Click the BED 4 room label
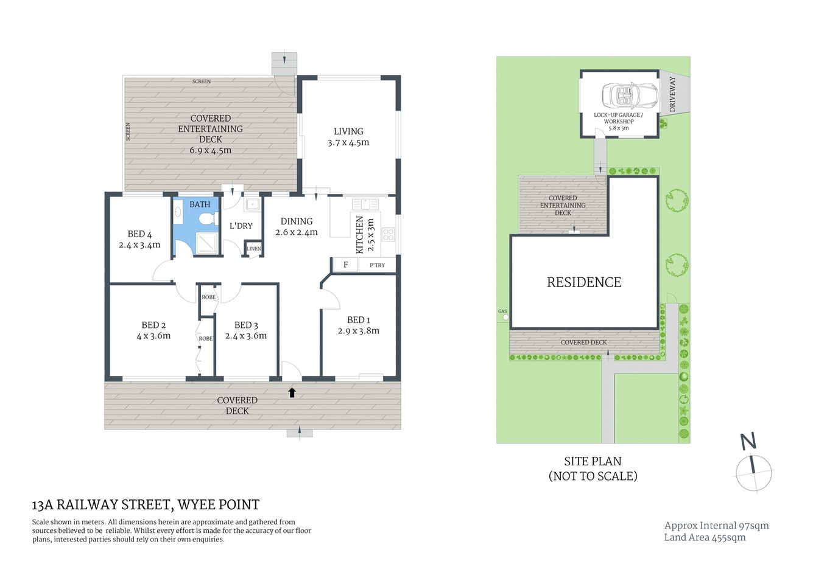pyautogui.click(x=139, y=234)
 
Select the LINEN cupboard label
pyautogui.click(x=254, y=249)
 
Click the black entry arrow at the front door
pyautogui.click(x=292, y=392)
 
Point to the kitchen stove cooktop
pyautogui.click(x=388, y=234)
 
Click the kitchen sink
pyautogui.click(x=365, y=204)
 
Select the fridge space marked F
pyautogui.click(x=345, y=265)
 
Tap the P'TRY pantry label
pyautogui.click(x=377, y=265)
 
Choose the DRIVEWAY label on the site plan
pyautogui.click(x=672, y=94)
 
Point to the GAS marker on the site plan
pyautogui.click(x=502, y=311)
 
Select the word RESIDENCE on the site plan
pyautogui.click(x=583, y=282)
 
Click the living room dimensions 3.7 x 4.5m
pyautogui.click(x=348, y=142)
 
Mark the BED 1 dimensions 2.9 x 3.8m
pyautogui.click(x=358, y=331)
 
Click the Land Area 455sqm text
pyautogui.click(x=705, y=537)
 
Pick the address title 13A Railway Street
pyautogui.click(x=146, y=504)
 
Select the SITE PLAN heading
pyautogui.click(x=593, y=461)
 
